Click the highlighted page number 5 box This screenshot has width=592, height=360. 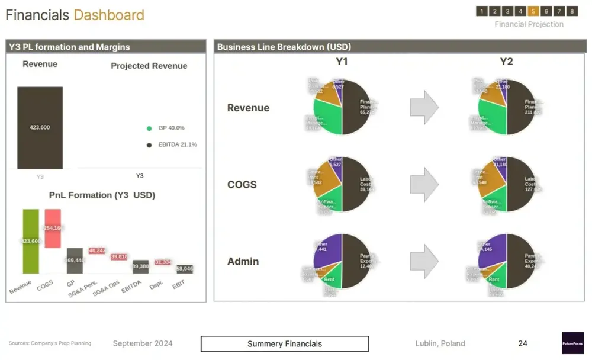pos(533,11)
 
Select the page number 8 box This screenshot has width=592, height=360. pos(572,11)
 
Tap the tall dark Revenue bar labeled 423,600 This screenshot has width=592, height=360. pos(40,127)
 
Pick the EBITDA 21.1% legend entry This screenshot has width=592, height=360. pos(172,144)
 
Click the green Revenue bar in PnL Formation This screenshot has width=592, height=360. pos(31,241)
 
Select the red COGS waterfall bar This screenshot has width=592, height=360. pos(53,228)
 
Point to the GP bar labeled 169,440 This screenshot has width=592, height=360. pos(75,261)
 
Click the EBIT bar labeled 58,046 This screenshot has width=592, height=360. pos(185,269)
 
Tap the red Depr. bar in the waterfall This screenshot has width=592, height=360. pos(163,262)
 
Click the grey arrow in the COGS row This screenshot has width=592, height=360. pos(424,185)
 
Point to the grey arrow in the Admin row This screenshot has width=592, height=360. pos(424,261)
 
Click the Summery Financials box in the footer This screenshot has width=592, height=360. pos(285,344)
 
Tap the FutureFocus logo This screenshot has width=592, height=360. pos(572,343)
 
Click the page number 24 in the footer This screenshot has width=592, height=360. pos(523,343)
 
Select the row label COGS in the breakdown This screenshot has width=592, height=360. pos(242,185)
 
